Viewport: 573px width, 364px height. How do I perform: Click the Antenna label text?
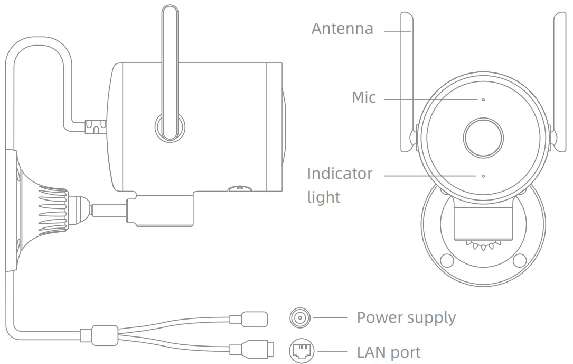point(342,29)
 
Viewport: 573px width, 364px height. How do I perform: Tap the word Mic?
point(364,97)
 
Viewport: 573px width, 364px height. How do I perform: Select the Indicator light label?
point(340,185)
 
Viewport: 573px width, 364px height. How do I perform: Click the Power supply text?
point(406,317)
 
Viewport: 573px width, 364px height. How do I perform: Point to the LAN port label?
point(389,352)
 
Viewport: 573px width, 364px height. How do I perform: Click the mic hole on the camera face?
point(483,99)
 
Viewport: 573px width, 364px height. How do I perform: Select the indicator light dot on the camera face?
point(483,175)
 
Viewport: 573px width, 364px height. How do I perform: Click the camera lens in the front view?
point(483,137)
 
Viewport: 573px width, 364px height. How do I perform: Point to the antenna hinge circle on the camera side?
point(169,126)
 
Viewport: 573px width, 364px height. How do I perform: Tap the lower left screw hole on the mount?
point(447,260)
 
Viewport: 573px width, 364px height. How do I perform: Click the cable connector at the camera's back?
point(95,127)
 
